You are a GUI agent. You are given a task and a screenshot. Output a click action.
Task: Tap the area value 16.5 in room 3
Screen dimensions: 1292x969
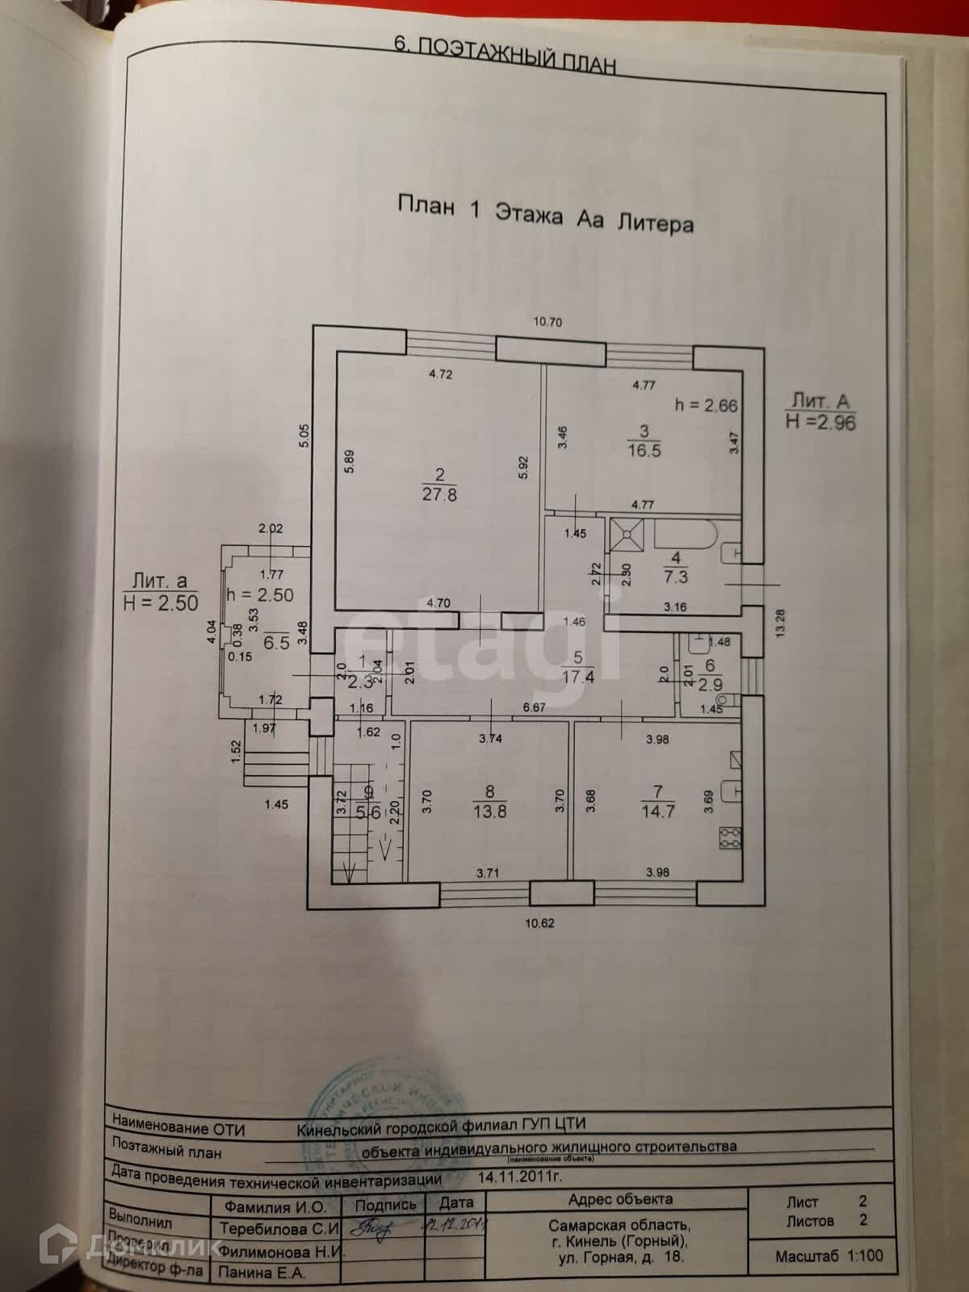click(644, 451)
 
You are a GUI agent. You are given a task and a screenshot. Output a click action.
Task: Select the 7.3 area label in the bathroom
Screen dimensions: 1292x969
click(676, 577)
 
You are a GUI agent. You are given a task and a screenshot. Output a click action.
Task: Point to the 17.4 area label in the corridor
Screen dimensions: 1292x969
click(578, 677)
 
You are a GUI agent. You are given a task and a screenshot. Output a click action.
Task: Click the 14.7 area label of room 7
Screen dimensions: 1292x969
click(658, 811)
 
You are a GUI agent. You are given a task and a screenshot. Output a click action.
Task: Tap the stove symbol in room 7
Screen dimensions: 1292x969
click(730, 837)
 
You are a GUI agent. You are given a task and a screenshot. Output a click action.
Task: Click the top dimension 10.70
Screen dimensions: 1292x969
click(547, 322)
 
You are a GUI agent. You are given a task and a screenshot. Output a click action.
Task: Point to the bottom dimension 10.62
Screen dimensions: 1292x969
click(539, 923)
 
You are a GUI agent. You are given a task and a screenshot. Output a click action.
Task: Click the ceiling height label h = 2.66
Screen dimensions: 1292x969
click(706, 405)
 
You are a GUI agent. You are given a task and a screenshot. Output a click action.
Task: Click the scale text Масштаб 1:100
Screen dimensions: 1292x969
click(828, 1256)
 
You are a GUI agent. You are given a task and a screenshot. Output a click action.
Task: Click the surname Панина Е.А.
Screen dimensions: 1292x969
click(262, 1273)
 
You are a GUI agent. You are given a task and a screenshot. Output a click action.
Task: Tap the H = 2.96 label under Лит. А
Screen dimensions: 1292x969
click(820, 422)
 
